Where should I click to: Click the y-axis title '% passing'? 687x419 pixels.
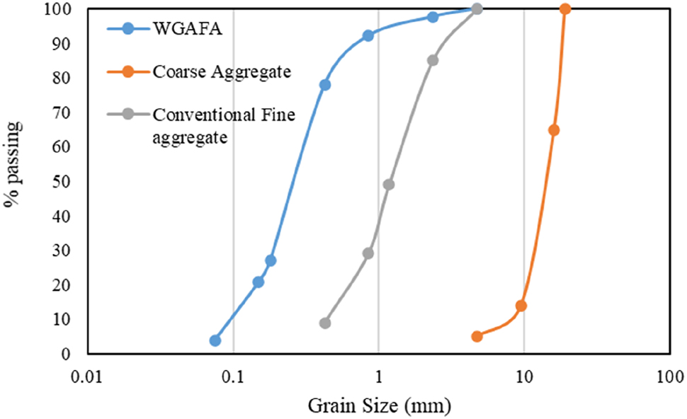(12, 164)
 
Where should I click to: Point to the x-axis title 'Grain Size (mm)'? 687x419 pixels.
(378, 406)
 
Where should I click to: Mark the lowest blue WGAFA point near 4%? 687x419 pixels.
(215, 340)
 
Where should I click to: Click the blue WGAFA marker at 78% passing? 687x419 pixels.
(325, 85)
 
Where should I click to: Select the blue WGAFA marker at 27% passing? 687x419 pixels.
(271, 260)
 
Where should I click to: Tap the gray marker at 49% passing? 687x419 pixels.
(389, 185)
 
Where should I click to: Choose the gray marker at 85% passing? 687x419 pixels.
(433, 60)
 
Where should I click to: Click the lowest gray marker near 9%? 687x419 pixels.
(325, 323)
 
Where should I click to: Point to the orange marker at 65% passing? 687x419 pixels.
(554, 130)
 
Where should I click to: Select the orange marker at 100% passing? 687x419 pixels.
(565, 9)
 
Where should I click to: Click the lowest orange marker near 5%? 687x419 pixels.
(477, 336)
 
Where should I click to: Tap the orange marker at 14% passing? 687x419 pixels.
(521, 306)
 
